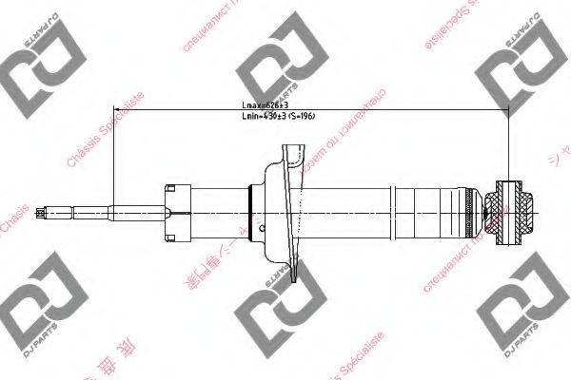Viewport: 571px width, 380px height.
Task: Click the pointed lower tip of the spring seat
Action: pyautogui.click(x=305, y=280)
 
